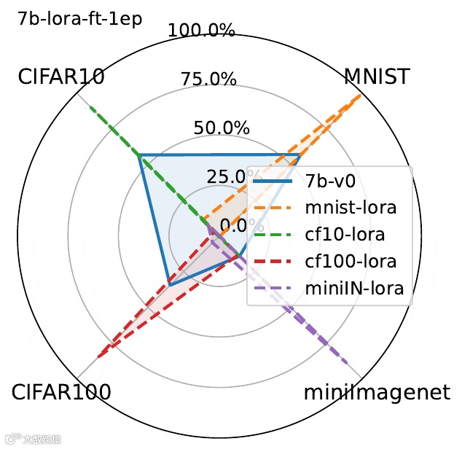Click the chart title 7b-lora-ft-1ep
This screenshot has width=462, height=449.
tap(81, 18)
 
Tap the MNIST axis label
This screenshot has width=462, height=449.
tap(377, 77)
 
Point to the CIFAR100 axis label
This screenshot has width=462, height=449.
tap(62, 393)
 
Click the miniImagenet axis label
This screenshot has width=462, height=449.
tap(377, 393)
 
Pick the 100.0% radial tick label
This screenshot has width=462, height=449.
tap(201, 31)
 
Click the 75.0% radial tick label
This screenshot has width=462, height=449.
tap(211, 78)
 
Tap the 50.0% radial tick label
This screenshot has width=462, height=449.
tap(222, 127)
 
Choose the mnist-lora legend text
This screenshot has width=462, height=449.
tap(351, 207)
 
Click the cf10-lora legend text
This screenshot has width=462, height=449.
tap(345, 235)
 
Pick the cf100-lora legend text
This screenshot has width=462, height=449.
tap(351, 261)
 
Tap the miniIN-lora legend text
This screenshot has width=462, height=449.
tap(354, 289)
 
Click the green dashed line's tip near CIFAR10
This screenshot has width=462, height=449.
tap(90, 106)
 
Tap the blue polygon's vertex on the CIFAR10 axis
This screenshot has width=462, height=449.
tap(140, 155)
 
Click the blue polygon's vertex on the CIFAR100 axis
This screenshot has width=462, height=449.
tap(168, 282)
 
